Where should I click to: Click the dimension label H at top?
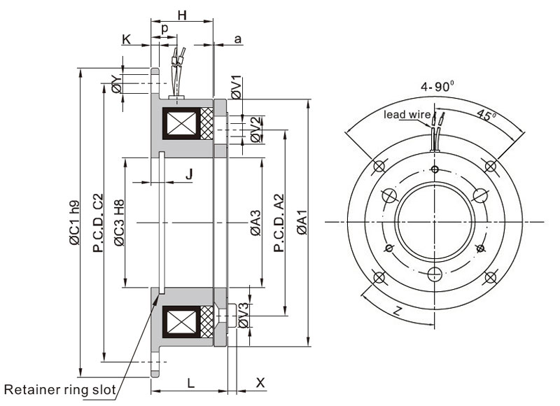pyautogui.click(x=182, y=15)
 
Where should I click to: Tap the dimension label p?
pyautogui.click(x=164, y=29)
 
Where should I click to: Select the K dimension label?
pyautogui.click(x=127, y=40)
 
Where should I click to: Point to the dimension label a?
pyautogui.click(x=237, y=40)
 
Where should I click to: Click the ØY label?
pyautogui.click(x=117, y=85)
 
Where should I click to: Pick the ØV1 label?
pyautogui.click(x=237, y=86)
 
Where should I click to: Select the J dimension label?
pyautogui.click(x=189, y=174)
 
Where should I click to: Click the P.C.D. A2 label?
pyautogui.click(x=278, y=224)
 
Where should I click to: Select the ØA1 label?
pyautogui.click(x=301, y=224)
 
